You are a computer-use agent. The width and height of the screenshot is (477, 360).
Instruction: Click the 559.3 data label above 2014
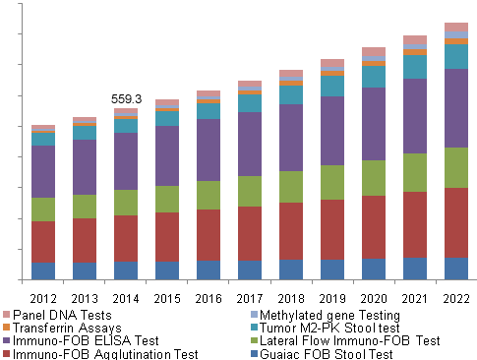click(x=126, y=99)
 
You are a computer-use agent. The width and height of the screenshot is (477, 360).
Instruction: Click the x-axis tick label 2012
click(x=43, y=298)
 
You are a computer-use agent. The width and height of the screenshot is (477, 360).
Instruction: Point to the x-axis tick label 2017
click(x=250, y=298)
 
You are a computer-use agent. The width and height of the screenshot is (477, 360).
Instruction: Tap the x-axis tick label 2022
click(x=456, y=298)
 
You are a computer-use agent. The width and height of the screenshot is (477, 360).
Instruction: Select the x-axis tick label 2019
click(x=332, y=298)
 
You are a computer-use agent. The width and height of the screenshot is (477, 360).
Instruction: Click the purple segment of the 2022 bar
click(x=456, y=108)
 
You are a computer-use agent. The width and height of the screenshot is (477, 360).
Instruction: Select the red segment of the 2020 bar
click(x=374, y=227)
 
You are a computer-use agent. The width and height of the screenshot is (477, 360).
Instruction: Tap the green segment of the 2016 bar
click(x=209, y=195)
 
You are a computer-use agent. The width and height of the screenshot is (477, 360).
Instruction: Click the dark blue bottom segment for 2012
click(x=43, y=271)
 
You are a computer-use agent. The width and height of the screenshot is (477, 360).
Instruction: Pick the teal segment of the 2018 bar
click(x=291, y=94)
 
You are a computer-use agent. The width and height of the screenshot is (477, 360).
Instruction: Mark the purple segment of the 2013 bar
click(x=85, y=167)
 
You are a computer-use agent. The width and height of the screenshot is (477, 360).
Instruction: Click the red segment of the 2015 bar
click(x=167, y=236)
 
